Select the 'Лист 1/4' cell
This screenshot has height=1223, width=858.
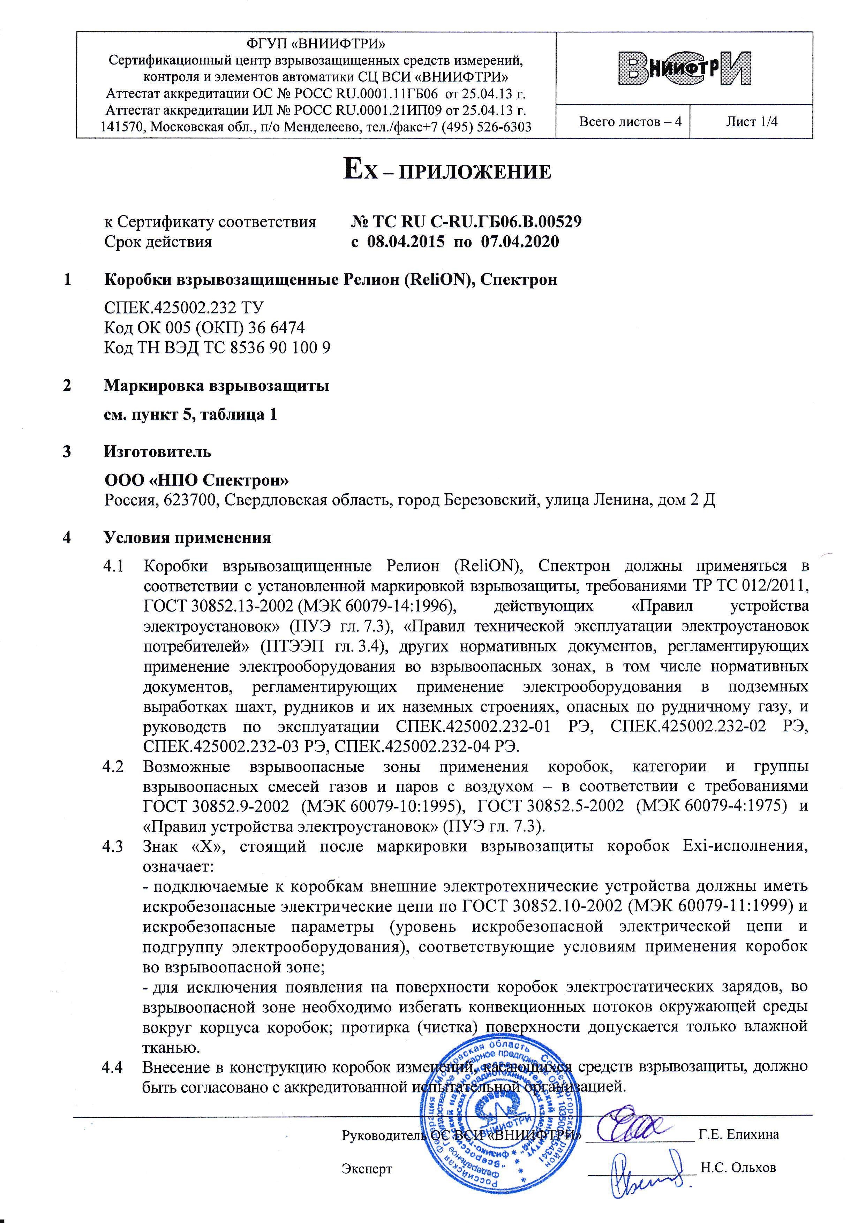[x=751, y=122]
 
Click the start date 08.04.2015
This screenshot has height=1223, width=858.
[x=406, y=242]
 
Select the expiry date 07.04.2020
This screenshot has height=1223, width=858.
[x=520, y=242]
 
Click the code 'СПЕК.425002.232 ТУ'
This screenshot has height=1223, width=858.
[x=184, y=307]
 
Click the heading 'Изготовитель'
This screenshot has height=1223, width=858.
[x=157, y=452]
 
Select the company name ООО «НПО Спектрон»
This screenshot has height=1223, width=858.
[x=197, y=480]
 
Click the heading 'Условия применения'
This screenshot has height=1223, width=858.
[x=188, y=538]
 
